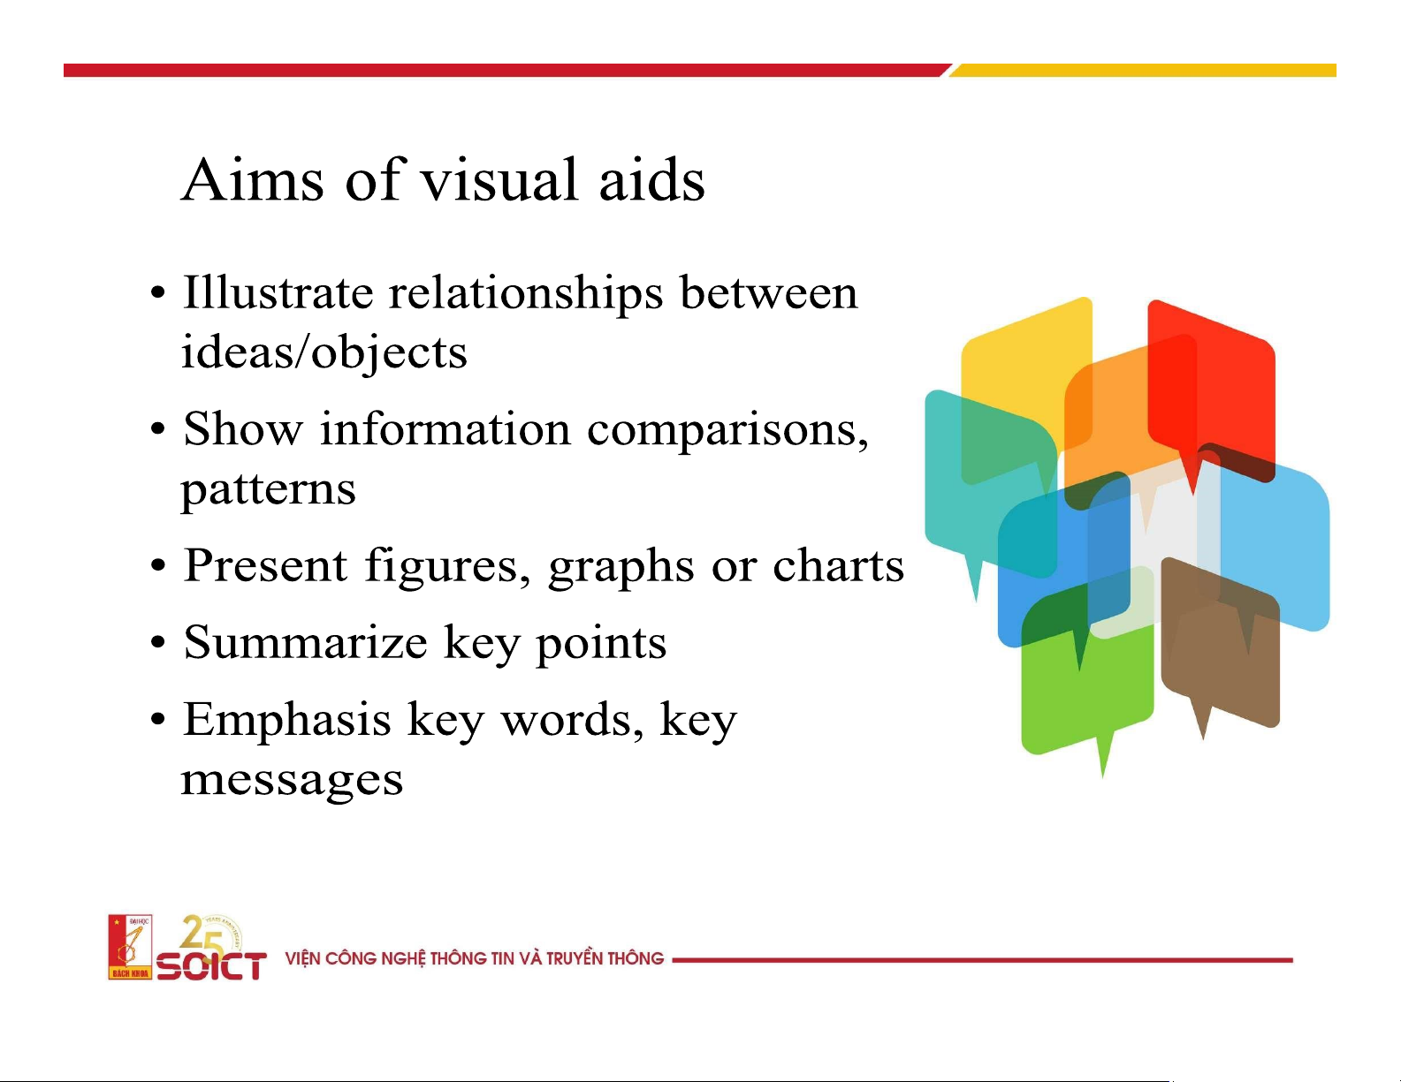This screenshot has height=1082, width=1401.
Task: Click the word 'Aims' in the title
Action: click(x=252, y=179)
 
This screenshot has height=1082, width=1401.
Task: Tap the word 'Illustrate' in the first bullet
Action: click(x=278, y=293)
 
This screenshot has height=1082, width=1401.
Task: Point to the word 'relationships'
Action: click(x=525, y=295)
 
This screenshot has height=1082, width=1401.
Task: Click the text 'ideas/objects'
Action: click(x=324, y=353)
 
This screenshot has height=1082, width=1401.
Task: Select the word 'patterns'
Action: click(x=268, y=490)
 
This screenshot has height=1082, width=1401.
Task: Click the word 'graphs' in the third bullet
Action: click(x=621, y=568)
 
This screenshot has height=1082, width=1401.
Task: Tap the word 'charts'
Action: click(x=838, y=564)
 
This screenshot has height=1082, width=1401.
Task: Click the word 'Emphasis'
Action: click(x=287, y=719)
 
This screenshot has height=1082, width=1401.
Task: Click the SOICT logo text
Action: click(x=211, y=966)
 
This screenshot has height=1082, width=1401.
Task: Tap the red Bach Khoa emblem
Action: click(x=130, y=947)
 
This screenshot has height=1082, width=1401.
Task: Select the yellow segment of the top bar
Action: click(x=1142, y=70)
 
